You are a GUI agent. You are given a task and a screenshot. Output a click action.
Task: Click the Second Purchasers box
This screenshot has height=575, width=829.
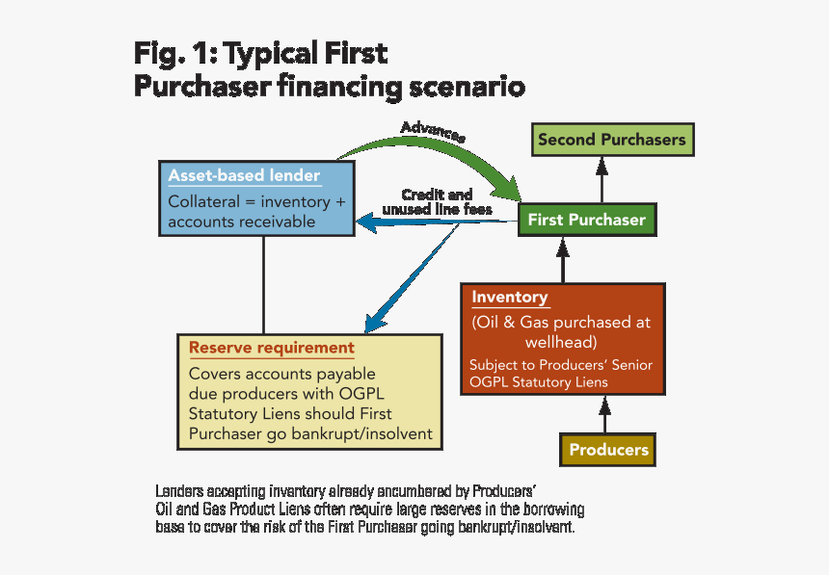[x=611, y=140]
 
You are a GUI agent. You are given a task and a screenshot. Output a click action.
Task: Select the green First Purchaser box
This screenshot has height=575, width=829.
[x=586, y=220]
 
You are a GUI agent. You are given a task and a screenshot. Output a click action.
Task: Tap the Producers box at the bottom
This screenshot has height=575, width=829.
[x=608, y=450]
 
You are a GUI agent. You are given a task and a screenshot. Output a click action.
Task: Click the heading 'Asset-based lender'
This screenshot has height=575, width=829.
[x=244, y=175]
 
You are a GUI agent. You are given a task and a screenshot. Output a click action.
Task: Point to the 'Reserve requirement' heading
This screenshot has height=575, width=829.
[x=271, y=348]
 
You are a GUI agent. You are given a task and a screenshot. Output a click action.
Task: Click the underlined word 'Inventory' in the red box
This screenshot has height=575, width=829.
[x=509, y=298]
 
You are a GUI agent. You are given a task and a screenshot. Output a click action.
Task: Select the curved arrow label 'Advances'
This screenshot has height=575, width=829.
[x=433, y=132]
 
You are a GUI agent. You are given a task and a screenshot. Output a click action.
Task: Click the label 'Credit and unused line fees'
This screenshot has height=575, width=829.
[x=437, y=201]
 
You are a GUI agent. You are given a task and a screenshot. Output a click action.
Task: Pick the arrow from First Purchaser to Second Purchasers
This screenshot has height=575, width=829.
[x=602, y=180]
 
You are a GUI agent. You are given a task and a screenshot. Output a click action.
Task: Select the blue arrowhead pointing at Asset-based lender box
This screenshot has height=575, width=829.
[x=366, y=225]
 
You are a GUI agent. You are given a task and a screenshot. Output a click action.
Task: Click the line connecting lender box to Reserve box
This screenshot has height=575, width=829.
[x=264, y=284]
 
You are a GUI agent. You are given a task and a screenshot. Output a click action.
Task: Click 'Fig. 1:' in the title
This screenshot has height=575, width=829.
[x=172, y=53]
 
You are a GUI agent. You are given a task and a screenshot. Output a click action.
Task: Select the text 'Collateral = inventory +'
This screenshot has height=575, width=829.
[x=256, y=202]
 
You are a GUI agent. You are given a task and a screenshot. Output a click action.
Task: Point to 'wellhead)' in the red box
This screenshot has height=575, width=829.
[x=561, y=342]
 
